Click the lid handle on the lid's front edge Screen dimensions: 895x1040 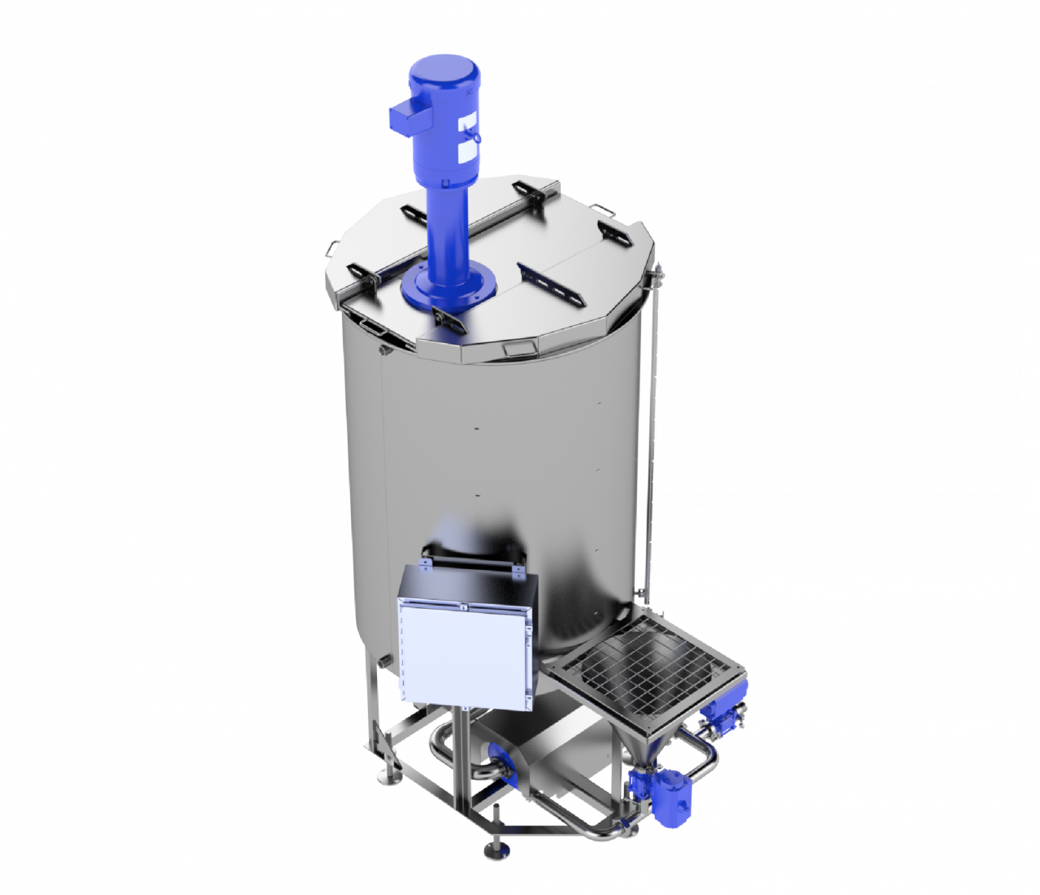coord(513,349)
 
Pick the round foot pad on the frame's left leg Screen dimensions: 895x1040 coord(390,781)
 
